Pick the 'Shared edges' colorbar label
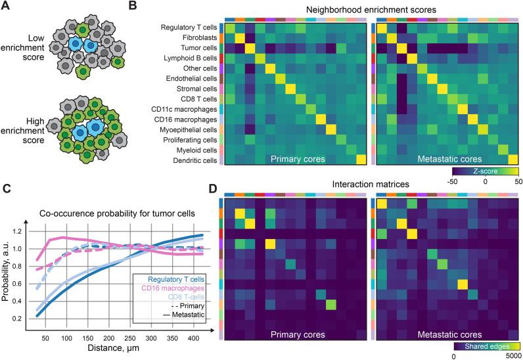[x=485, y=344]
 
